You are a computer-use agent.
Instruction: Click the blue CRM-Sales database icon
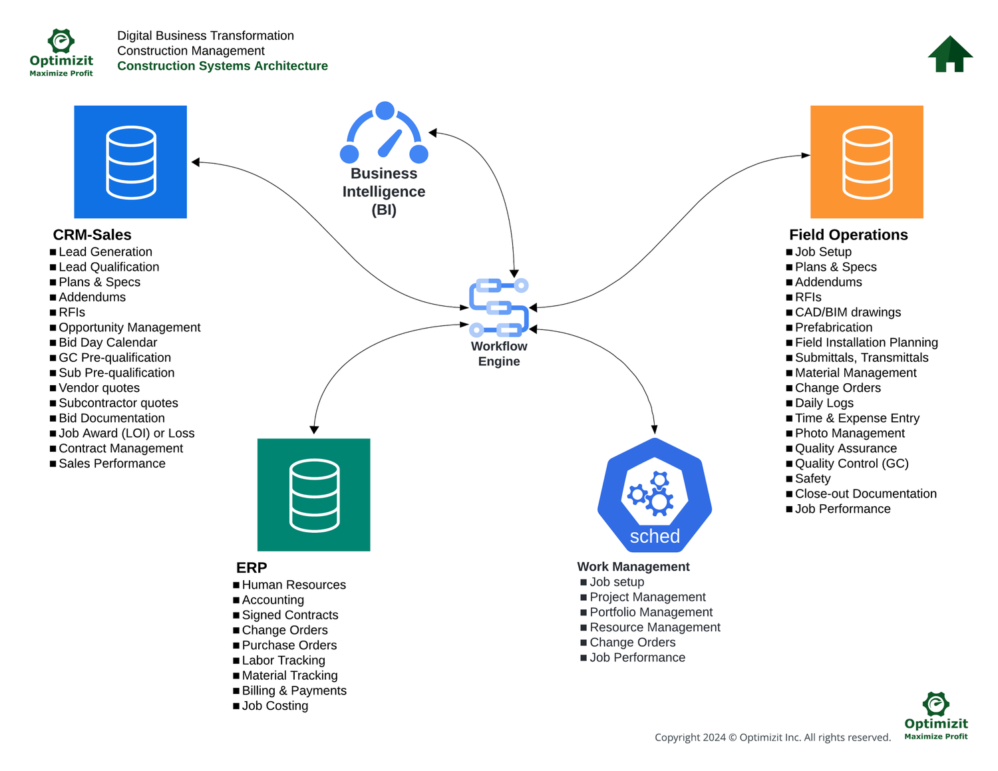[130, 162]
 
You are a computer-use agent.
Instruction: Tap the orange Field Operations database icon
[866, 162]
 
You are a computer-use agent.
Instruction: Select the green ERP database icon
[313, 494]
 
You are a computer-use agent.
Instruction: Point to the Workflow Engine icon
[499, 307]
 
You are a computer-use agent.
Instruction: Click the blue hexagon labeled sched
[655, 496]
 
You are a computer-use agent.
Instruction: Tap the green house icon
[950, 54]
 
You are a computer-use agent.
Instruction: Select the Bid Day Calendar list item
[108, 343]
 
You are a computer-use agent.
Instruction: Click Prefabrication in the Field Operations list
[833, 327]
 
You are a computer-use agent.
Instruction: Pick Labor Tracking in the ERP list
[283, 661]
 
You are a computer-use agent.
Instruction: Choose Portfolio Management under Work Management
[651, 612]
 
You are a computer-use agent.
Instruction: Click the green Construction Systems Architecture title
[222, 66]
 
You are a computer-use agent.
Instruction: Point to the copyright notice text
[772, 737]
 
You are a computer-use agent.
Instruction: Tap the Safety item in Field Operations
[812, 479]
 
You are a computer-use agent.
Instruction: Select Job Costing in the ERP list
[275, 706]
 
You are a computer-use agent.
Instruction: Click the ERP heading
[251, 567]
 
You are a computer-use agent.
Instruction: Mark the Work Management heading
[633, 567]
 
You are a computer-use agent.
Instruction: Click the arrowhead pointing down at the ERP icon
[314, 430]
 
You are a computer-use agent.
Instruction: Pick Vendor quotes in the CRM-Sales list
[99, 388]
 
